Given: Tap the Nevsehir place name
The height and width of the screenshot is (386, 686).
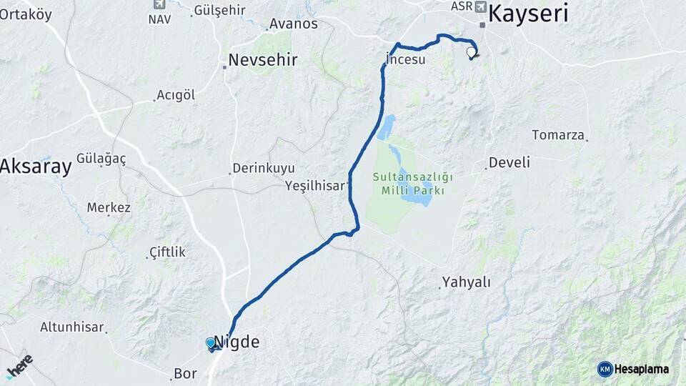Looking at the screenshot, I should tap(262, 60).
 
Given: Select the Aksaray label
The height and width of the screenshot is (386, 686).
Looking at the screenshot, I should tap(36, 167).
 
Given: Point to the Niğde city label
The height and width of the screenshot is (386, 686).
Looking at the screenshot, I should tap(237, 342).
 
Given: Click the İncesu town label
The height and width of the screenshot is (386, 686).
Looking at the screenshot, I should tap(405, 59).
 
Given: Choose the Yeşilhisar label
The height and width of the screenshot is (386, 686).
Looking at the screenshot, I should tap(314, 185).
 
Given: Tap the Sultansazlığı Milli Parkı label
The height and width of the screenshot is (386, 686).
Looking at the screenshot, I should tap(413, 184).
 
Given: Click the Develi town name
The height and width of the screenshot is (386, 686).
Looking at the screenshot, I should tap(509, 163).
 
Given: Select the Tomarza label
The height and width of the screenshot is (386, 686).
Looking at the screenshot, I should tap(558, 135).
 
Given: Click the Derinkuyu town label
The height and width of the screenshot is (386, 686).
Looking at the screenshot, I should tap(263, 169).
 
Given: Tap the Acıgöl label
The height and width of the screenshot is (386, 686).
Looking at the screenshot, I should tap(176, 95).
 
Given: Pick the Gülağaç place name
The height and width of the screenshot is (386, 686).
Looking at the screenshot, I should tap(101, 159).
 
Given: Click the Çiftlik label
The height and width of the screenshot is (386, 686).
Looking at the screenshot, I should tap(167, 252).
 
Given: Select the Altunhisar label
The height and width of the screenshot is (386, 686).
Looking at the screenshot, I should tap(73, 327).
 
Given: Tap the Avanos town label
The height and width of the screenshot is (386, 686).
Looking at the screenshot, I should tap(293, 24).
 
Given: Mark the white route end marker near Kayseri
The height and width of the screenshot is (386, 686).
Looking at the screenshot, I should tap(471, 52).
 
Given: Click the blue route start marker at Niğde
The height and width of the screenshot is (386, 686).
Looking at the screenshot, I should tap(210, 344).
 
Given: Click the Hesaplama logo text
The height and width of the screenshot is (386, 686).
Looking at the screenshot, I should tap(641, 369).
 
